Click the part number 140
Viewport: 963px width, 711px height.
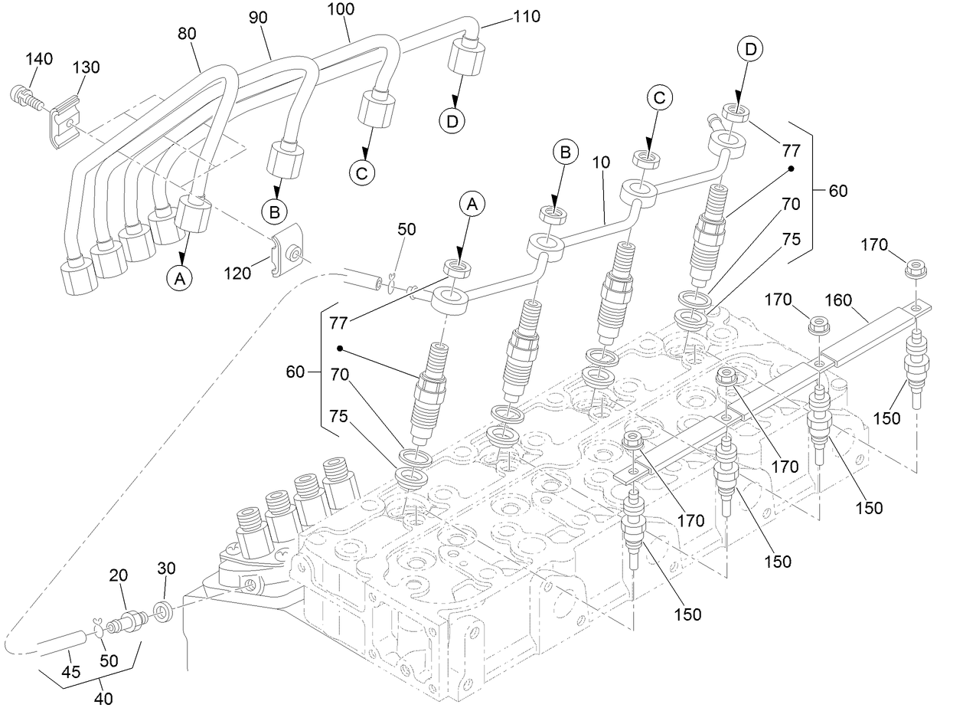click(39, 59)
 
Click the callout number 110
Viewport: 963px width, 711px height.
click(526, 15)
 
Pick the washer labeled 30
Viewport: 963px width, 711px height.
click(163, 611)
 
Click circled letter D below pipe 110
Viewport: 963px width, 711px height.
click(454, 120)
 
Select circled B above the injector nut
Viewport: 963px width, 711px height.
click(565, 153)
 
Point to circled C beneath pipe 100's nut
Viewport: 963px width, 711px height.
click(364, 172)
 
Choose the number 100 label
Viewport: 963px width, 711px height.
click(341, 10)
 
